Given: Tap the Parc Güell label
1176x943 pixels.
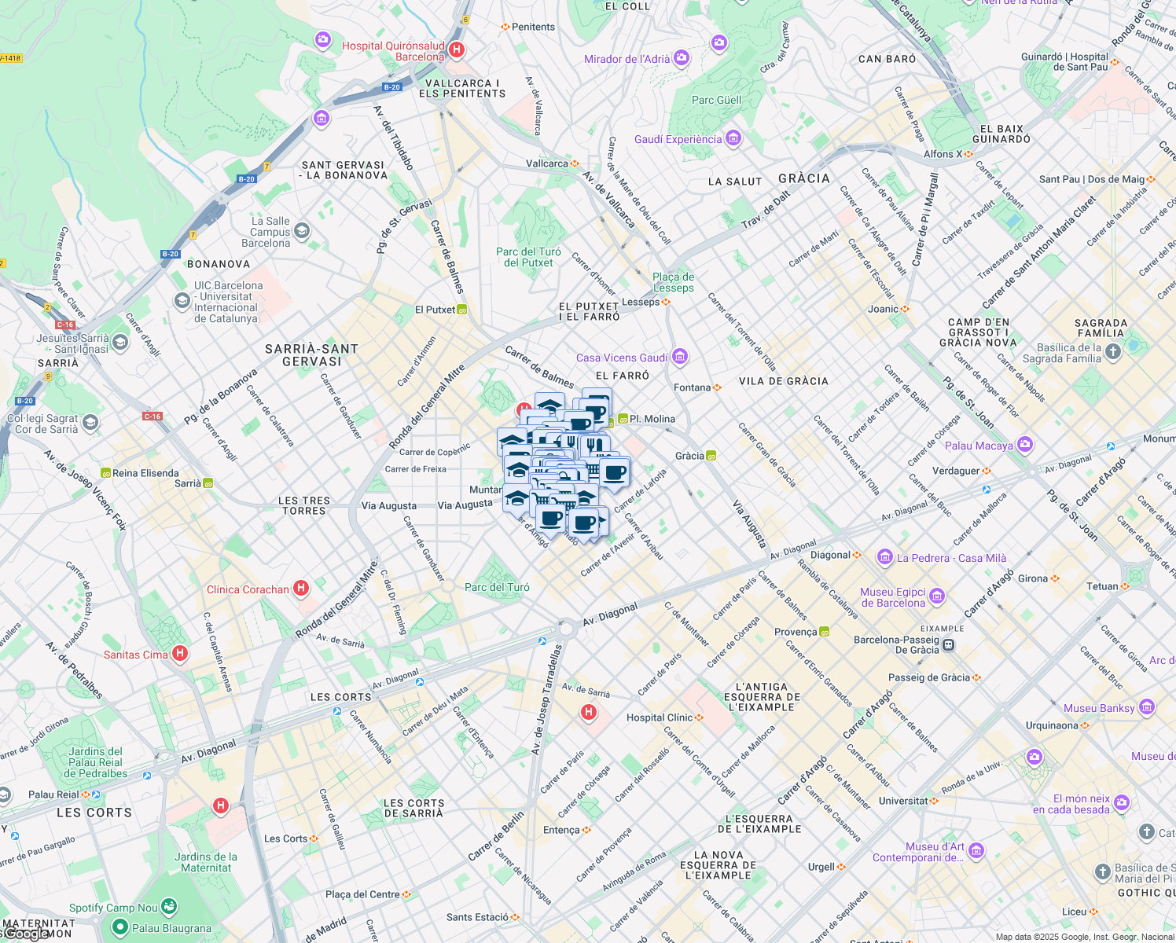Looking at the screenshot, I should (x=716, y=100).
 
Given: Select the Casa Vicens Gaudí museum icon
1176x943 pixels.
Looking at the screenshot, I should (x=680, y=358).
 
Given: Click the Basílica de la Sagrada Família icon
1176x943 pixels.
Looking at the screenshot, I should (x=1113, y=352).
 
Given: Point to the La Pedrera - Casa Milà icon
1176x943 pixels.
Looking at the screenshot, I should (x=885, y=558).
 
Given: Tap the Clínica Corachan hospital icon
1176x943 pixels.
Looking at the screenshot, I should (x=300, y=589).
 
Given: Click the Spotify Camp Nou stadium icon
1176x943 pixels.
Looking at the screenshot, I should (x=169, y=907).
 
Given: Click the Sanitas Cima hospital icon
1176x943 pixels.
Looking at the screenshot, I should (x=180, y=654).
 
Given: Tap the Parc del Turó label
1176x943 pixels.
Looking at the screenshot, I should (x=497, y=587).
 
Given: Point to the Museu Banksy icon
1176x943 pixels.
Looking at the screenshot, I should (x=1147, y=708).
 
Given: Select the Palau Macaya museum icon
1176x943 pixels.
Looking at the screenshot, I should (x=1024, y=446).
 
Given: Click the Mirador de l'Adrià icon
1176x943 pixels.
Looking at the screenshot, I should (x=682, y=58).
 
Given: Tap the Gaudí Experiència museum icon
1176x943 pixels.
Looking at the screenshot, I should (x=733, y=139).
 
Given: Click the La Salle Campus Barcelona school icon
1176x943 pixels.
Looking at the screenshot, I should (x=302, y=232).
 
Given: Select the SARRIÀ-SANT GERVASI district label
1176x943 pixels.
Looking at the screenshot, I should (x=311, y=355).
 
